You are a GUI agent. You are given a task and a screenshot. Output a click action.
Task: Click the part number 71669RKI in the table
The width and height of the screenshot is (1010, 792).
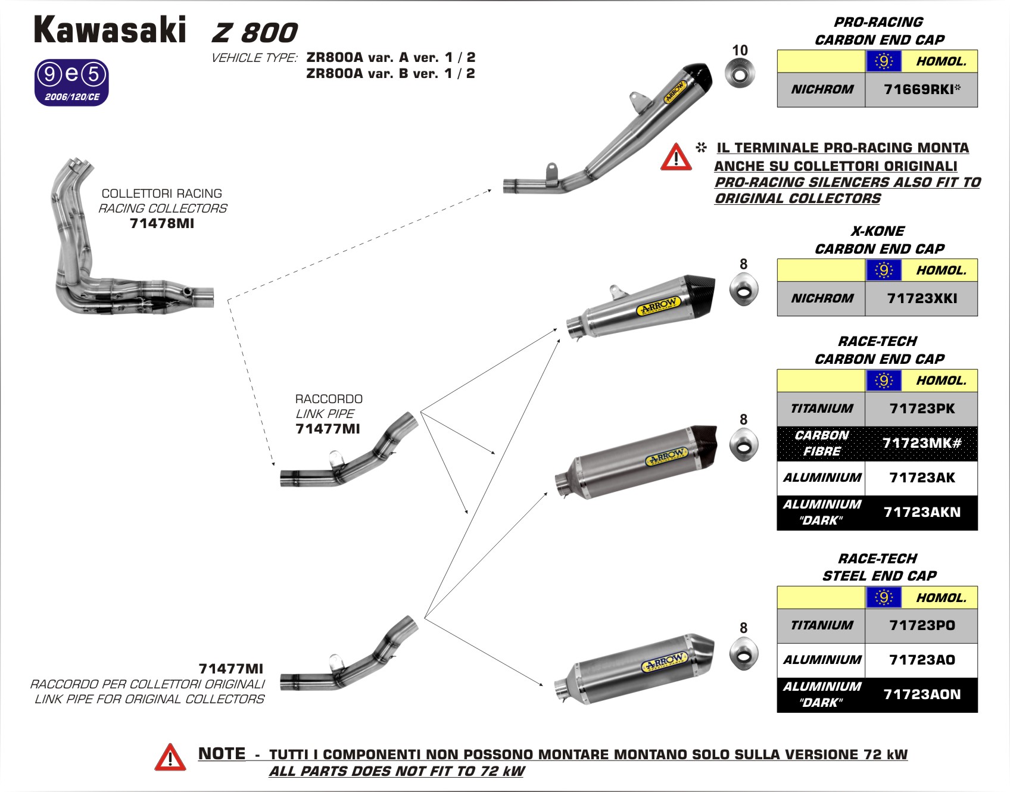[x=921, y=90]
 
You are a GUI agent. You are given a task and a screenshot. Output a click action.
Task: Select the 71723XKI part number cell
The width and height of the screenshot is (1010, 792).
[x=921, y=298]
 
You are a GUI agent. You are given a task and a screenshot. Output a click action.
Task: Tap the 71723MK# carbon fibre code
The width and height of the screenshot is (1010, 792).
[x=921, y=443]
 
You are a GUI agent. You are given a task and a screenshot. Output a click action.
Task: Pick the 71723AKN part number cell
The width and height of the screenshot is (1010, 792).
[x=921, y=513]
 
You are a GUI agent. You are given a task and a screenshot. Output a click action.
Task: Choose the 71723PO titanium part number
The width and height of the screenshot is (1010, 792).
[x=921, y=625]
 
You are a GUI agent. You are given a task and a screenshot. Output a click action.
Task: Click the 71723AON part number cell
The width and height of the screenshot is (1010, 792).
[x=921, y=695]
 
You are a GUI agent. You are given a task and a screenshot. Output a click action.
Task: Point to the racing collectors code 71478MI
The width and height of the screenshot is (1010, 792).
[x=162, y=224]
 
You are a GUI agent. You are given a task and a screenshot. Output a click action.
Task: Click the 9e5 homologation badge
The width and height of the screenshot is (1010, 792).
[x=72, y=82]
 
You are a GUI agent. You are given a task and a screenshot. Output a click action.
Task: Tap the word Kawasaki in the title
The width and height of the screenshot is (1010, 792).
[x=110, y=30]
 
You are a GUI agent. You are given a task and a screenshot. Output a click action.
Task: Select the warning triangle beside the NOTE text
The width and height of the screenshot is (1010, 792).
[x=170, y=758]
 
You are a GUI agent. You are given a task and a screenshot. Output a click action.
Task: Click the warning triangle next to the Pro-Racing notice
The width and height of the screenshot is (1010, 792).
[x=676, y=157]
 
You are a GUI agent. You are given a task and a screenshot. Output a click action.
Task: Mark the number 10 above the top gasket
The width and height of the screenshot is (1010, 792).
[x=740, y=51]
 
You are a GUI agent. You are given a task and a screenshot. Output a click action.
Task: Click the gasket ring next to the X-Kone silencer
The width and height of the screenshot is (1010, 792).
[x=744, y=290]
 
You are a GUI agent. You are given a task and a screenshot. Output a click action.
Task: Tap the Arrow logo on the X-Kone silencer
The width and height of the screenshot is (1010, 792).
[x=658, y=306]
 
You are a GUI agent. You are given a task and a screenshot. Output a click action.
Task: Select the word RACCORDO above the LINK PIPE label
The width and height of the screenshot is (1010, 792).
[x=329, y=399]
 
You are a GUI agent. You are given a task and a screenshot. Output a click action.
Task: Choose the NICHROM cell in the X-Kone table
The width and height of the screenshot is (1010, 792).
[x=822, y=298]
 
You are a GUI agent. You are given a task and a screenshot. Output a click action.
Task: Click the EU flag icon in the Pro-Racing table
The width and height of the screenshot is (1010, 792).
[x=883, y=61]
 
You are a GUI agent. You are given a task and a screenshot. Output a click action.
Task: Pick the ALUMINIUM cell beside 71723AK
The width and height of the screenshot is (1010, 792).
[x=822, y=478]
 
